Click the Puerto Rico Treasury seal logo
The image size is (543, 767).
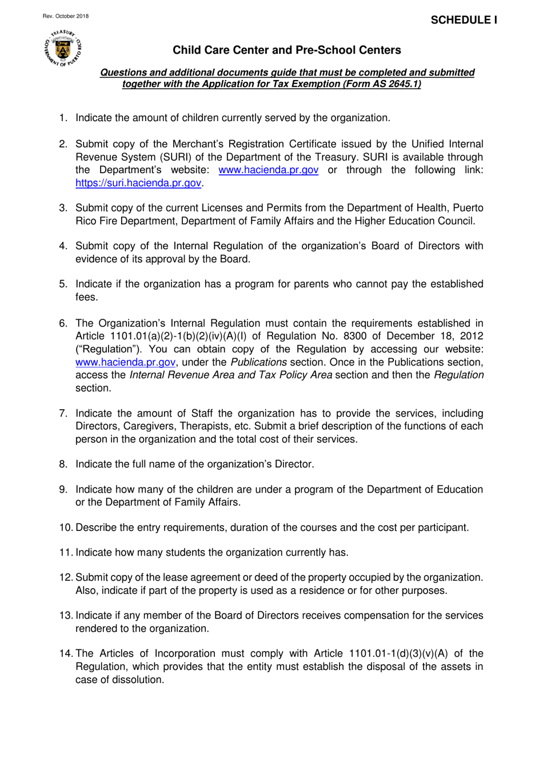tap(63, 49)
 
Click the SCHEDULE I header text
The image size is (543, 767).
tap(464, 20)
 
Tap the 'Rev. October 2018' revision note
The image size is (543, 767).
tap(66, 16)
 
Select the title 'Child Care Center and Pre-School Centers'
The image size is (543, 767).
tap(286, 50)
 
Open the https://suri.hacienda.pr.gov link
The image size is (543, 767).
tap(138, 183)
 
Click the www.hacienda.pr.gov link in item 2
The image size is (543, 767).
tap(268, 170)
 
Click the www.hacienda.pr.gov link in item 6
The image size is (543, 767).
tap(125, 362)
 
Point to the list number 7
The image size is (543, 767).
tap(63, 413)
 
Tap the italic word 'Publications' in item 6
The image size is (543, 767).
tap(258, 362)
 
